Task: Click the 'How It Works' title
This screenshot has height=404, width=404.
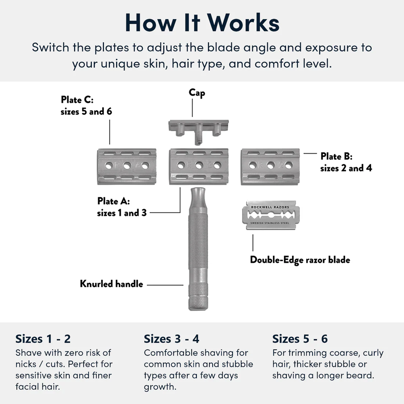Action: point(202,23)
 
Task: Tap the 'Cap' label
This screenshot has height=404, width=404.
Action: point(197,93)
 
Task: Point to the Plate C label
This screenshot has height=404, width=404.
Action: point(86,105)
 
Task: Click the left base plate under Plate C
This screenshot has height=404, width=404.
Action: point(127,166)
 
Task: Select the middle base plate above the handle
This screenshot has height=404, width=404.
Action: point(199,166)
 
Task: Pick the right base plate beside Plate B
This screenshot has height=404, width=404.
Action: point(270,166)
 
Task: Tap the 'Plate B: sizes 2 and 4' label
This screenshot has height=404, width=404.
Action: point(346,162)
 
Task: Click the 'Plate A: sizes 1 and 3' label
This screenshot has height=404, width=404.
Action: point(122,207)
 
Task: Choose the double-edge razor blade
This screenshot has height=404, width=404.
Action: point(270,215)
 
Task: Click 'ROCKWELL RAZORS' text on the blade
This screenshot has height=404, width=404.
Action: point(270,207)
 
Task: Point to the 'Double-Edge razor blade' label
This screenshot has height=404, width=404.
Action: point(300,260)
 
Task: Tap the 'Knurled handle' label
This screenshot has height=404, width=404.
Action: point(111,284)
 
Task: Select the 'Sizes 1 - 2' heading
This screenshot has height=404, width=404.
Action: point(43,339)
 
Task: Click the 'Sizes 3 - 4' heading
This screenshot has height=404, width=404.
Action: point(172,339)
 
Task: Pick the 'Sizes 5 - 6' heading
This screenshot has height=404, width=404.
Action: point(300,339)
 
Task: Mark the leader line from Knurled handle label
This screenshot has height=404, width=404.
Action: point(165,285)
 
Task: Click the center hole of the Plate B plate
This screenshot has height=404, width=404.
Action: point(270,165)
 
